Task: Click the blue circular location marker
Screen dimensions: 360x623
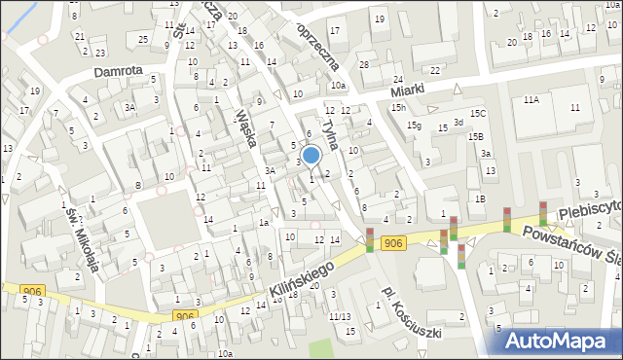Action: click(311, 155)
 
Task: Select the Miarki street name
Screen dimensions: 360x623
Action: click(409, 90)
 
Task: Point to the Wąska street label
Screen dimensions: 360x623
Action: click(245, 126)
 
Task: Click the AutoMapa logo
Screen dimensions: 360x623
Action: click(560, 341)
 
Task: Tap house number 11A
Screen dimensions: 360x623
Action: click(531, 100)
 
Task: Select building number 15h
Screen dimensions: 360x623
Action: click(398, 107)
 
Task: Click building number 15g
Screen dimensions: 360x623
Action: click(414, 126)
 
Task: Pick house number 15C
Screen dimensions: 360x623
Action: click(477, 113)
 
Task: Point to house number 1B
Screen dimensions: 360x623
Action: click(479, 198)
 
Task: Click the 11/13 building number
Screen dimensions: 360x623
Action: click(340, 316)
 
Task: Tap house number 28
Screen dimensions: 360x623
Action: click(363, 64)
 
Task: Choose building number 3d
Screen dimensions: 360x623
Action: click(458, 122)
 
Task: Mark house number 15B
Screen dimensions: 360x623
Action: click(475, 137)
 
